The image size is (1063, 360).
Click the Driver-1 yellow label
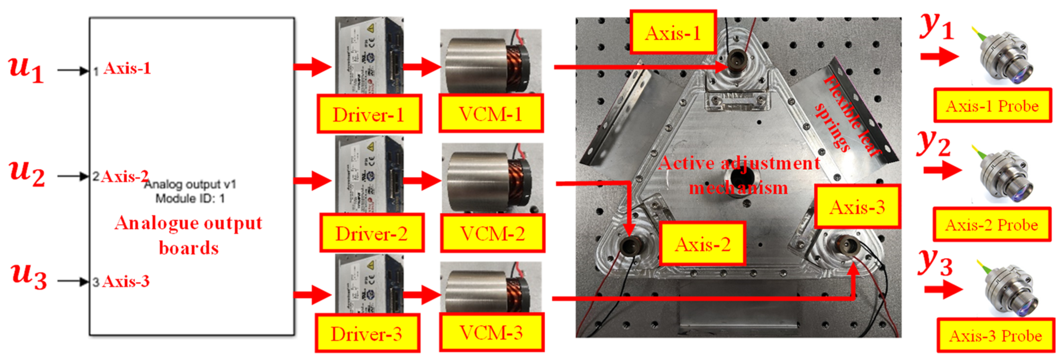(369, 114)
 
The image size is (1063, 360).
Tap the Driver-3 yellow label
(367, 333)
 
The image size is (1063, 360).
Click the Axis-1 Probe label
(992, 106)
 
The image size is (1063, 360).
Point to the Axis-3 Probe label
(996, 335)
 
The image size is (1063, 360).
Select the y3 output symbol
(935, 263)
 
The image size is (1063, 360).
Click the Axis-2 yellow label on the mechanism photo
(702, 244)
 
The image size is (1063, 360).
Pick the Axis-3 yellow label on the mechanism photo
(857, 207)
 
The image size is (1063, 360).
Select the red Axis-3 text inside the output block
(125, 282)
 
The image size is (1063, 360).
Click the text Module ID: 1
(190, 199)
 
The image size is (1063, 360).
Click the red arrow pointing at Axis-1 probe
(939, 56)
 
